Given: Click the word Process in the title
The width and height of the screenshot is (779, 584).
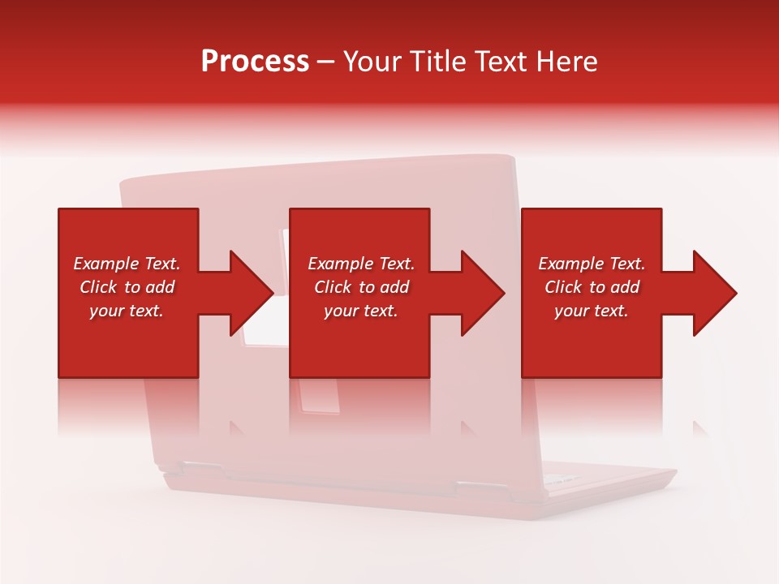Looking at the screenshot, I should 255,62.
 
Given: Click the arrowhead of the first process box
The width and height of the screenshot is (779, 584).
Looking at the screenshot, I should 252,293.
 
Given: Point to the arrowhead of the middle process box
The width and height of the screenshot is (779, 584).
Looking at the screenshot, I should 484,293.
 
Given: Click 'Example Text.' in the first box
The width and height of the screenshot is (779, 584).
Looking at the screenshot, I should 127,264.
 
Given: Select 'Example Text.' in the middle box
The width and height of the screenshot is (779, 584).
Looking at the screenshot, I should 360,264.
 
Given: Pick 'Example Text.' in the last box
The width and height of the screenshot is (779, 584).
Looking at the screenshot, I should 592,264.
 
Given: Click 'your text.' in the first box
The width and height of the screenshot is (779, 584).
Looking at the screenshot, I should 127,311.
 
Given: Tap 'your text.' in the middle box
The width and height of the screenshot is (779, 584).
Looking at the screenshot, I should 360,311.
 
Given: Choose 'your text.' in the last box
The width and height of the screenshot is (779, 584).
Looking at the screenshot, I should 592,311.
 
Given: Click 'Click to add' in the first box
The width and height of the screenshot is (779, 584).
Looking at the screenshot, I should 127,287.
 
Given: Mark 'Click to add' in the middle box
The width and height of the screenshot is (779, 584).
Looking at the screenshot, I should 360,287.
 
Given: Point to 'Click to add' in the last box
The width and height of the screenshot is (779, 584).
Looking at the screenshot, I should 592,287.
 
